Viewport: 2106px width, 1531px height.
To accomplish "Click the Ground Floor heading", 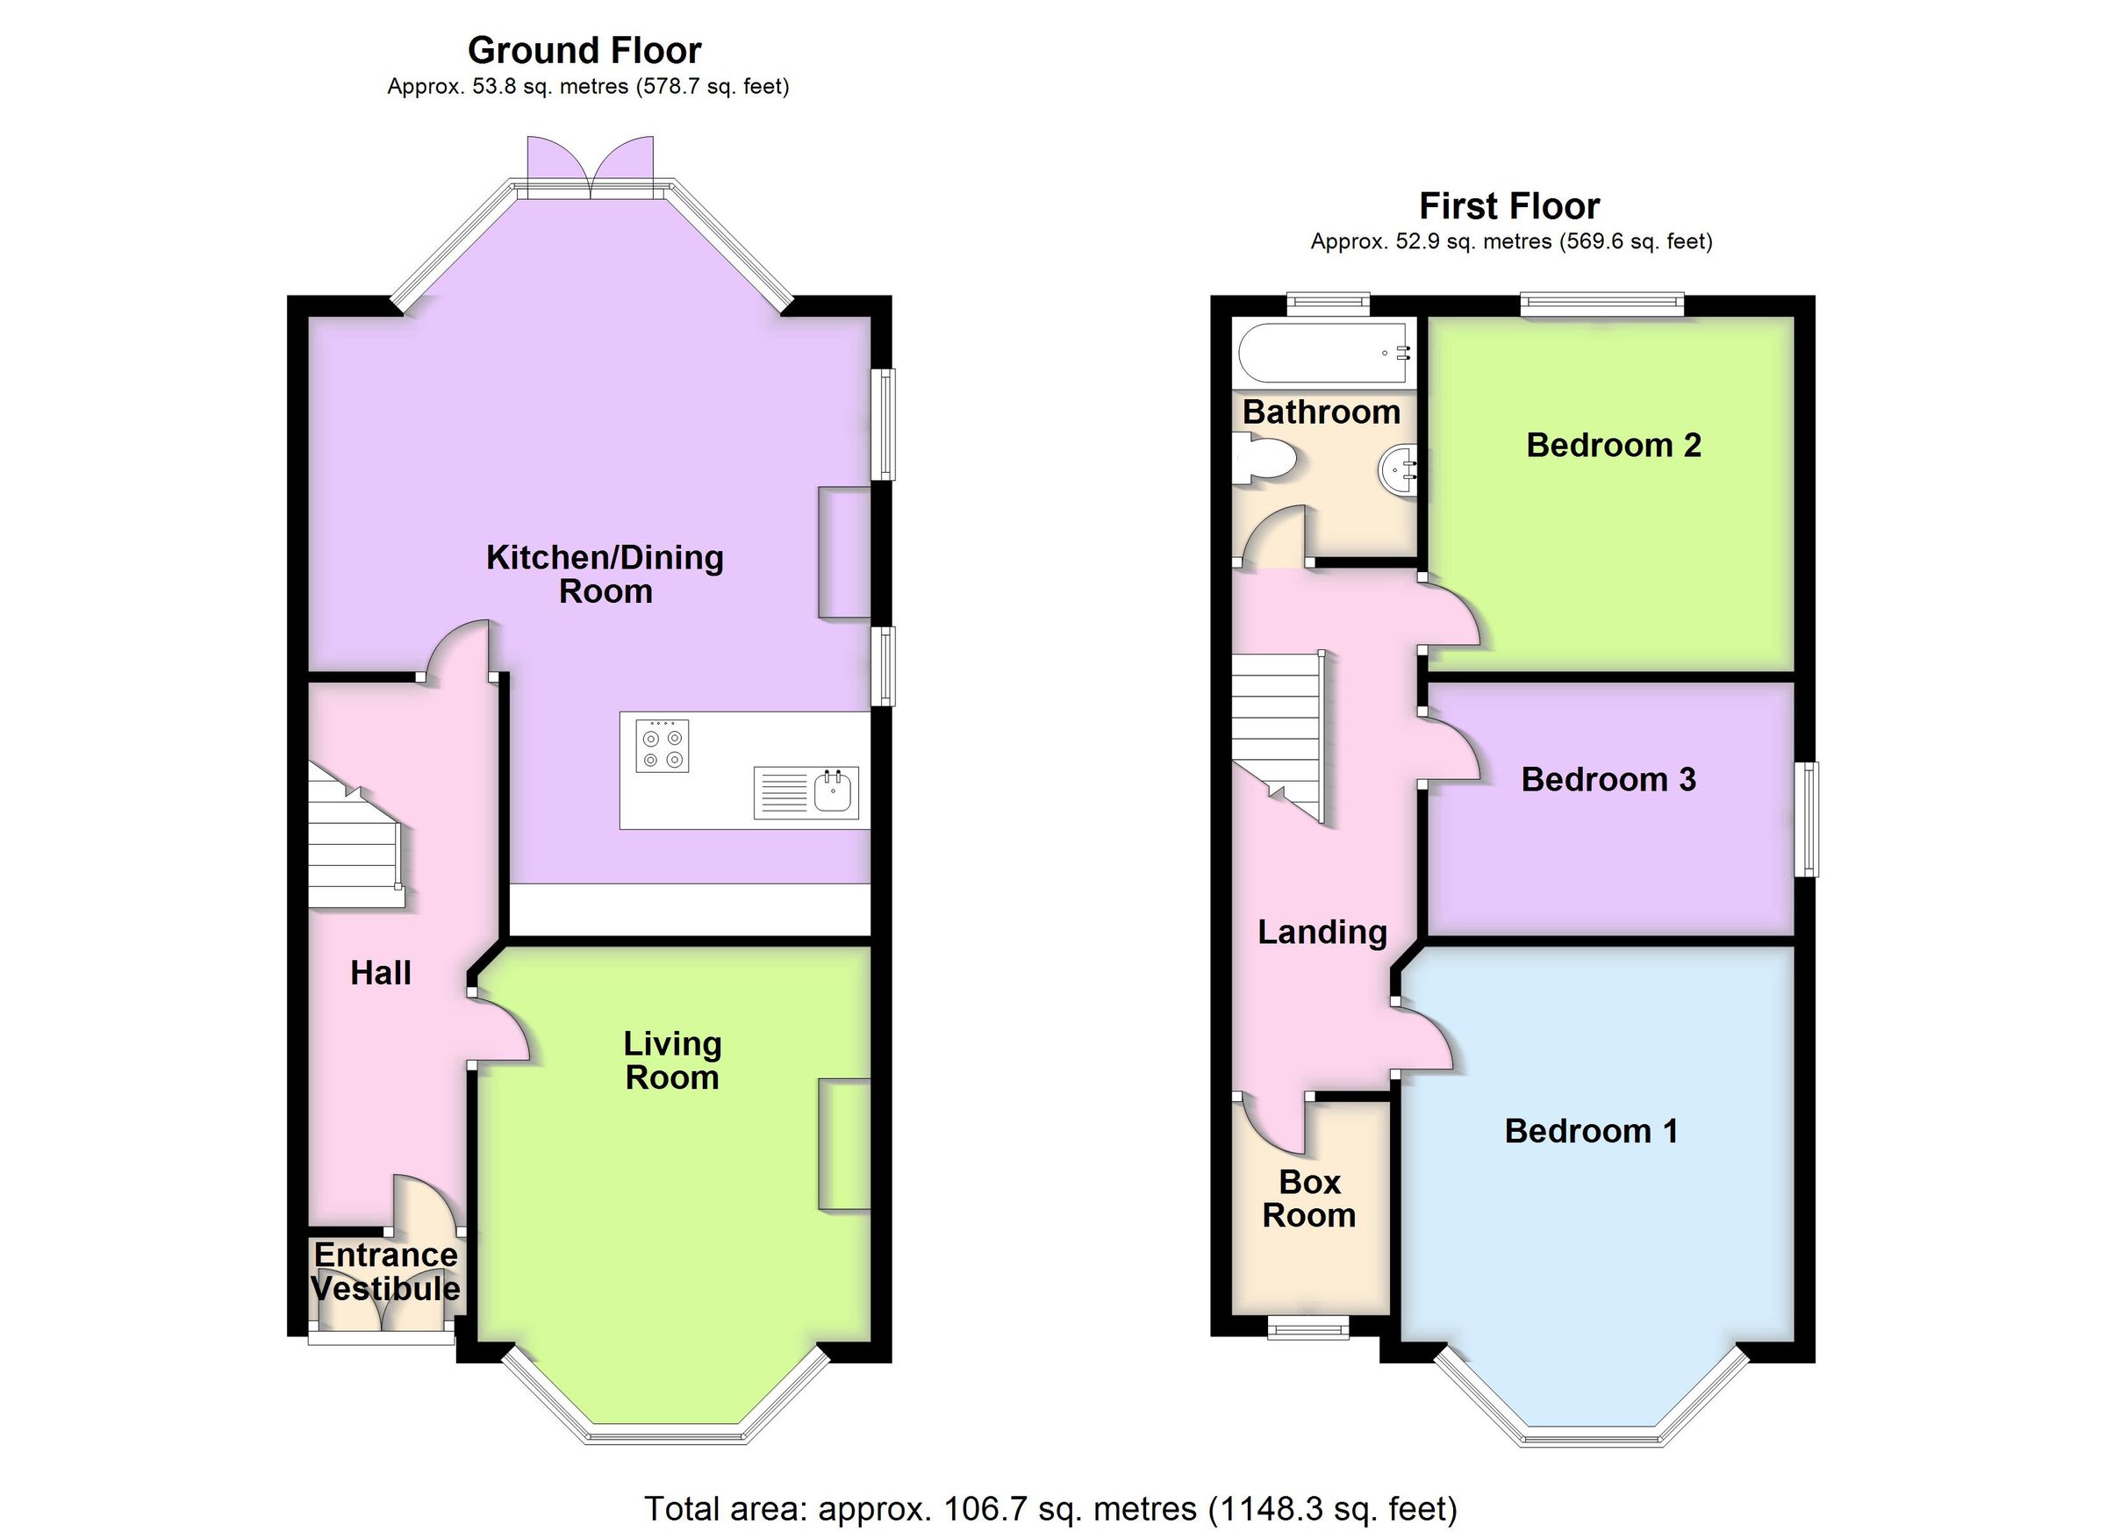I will (584, 50).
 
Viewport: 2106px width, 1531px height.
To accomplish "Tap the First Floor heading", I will (1509, 205).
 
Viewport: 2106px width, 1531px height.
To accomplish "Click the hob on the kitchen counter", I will (662, 747).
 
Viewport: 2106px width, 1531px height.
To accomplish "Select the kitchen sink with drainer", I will (806, 792).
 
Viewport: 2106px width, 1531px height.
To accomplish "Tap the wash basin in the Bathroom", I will (1399, 472).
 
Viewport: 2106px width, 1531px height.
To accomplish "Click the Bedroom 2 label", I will (1613, 446).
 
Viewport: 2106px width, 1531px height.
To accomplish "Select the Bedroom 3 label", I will (1608, 780).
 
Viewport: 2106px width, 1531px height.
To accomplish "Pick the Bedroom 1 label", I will (1591, 1131).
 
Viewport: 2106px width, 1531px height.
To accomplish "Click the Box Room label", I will (1308, 1198).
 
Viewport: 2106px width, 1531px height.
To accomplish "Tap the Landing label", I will (1322, 932).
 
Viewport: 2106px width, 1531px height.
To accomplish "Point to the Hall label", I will (381, 973).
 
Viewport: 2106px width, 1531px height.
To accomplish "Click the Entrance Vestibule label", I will (385, 1272).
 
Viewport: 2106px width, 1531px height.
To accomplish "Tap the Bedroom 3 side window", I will (1806, 819).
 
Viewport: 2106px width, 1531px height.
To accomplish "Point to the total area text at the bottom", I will (1050, 1509).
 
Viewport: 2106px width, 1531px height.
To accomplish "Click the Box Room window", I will (1309, 1330).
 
